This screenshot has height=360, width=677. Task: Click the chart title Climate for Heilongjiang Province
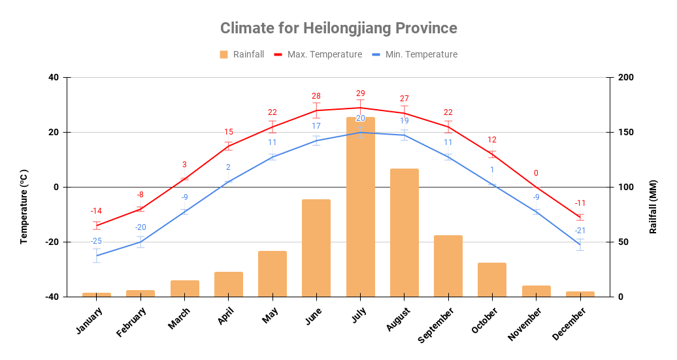click(338, 28)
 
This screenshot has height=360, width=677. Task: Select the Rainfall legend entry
click(242, 54)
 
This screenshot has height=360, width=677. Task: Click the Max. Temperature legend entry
click(318, 54)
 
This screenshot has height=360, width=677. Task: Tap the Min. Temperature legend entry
click(414, 54)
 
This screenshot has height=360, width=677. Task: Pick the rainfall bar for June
click(316, 248)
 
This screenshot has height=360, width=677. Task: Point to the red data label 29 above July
click(360, 93)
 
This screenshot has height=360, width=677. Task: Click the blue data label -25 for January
click(96, 241)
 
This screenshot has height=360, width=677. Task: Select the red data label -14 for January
click(96, 211)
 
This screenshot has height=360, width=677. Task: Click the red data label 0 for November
click(536, 173)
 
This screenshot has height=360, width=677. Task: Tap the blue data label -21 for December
click(580, 231)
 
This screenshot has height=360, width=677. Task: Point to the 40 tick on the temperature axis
click(53, 78)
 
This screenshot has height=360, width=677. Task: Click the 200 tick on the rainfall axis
click(626, 78)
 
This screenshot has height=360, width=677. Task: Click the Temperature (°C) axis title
click(24, 206)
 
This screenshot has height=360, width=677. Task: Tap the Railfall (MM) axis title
click(653, 206)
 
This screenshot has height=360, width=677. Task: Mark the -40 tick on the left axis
click(52, 297)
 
